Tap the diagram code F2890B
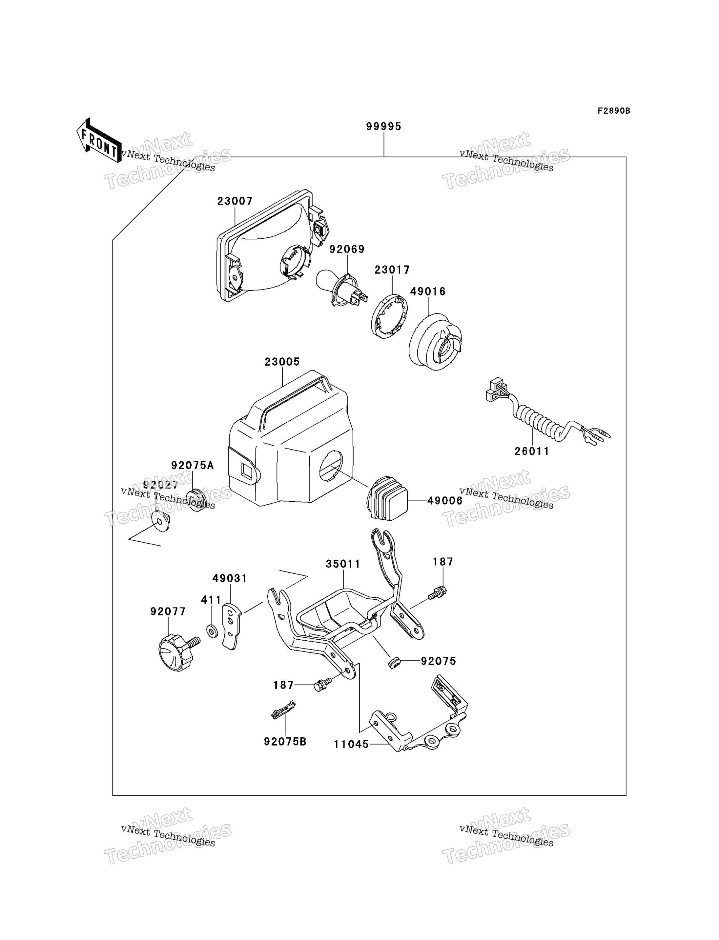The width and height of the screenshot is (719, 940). click(x=614, y=111)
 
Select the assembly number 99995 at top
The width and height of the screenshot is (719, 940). click(x=384, y=126)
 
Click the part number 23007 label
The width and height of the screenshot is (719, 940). click(x=235, y=201)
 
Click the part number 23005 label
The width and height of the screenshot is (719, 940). click(x=282, y=362)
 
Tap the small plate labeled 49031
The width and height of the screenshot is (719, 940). click(x=232, y=626)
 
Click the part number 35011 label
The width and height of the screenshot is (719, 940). click(x=343, y=564)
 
